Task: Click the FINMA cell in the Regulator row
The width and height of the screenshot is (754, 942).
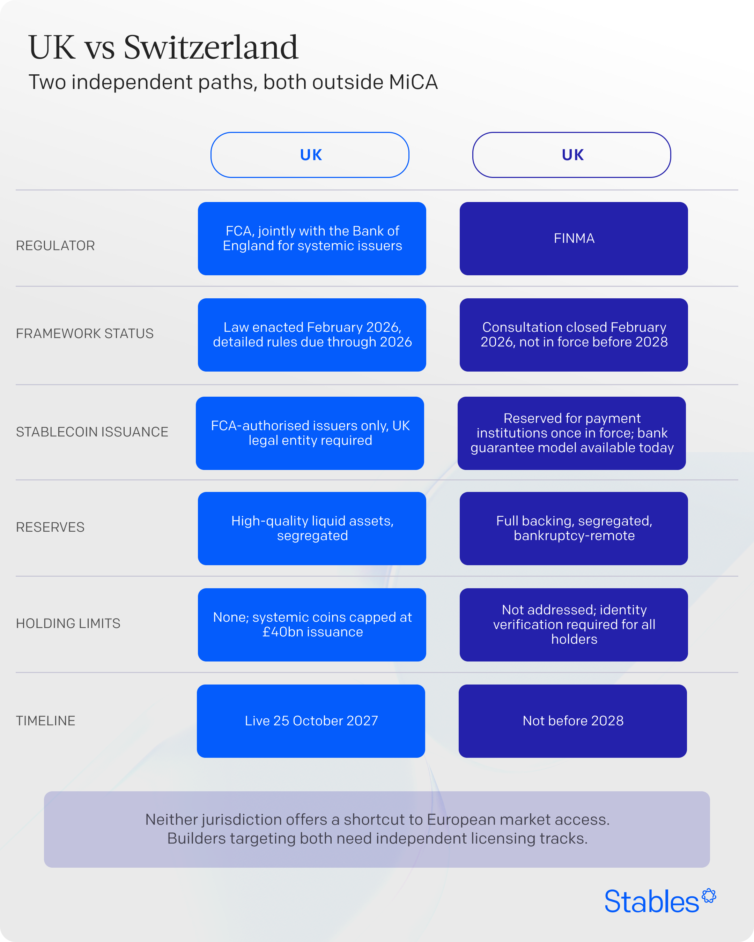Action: point(574,239)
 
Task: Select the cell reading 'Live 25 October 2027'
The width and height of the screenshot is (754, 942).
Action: point(311,721)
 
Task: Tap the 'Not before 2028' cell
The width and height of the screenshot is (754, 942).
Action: point(572,721)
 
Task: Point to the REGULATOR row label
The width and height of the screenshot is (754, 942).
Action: point(56,246)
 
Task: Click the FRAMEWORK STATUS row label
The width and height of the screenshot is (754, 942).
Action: point(85,334)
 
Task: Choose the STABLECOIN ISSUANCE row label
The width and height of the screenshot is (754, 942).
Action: point(92,432)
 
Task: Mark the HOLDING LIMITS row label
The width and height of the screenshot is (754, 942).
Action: point(68,623)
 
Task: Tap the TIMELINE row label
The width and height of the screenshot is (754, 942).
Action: point(46,720)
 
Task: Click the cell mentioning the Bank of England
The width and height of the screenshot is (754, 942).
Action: point(312,239)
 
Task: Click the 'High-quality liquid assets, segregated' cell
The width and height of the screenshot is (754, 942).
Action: point(312,529)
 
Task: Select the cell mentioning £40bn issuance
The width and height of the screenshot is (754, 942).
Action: point(312,625)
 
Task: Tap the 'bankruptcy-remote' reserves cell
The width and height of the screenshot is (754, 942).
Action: point(574,529)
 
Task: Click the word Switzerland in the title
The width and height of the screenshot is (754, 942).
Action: point(211,47)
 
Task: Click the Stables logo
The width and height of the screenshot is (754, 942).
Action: point(660,901)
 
